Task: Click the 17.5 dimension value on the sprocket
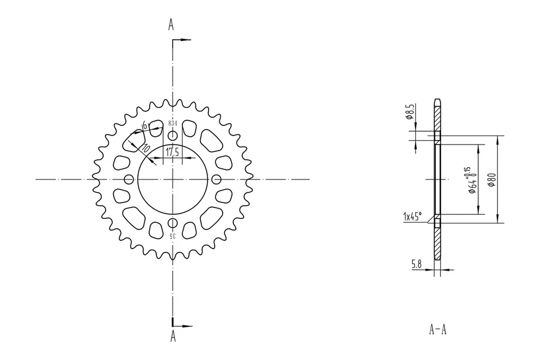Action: pyautogui.click(x=172, y=152)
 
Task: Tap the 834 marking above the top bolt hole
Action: pyautogui.click(x=173, y=123)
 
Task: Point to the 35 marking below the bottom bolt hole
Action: pyautogui.click(x=172, y=236)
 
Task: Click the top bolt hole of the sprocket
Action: pyautogui.click(x=173, y=136)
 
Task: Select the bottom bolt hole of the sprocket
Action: pyautogui.click(x=173, y=223)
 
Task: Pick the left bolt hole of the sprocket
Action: pyautogui.click(x=129, y=179)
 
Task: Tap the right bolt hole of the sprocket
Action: pyautogui.click(x=217, y=179)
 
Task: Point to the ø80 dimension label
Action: pyautogui.click(x=491, y=179)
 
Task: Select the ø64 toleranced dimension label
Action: pyautogui.click(x=470, y=180)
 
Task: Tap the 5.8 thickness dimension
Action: pyautogui.click(x=417, y=263)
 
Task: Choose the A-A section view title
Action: pyautogui.click(x=437, y=330)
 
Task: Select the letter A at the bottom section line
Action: pyautogui.click(x=173, y=336)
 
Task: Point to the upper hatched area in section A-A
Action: pyautogui.click(x=437, y=118)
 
